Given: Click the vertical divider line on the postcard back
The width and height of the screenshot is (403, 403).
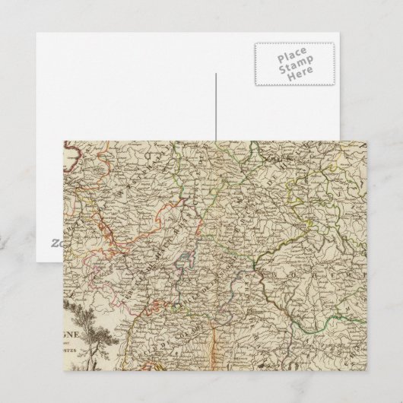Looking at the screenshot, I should (x=216, y=106).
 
